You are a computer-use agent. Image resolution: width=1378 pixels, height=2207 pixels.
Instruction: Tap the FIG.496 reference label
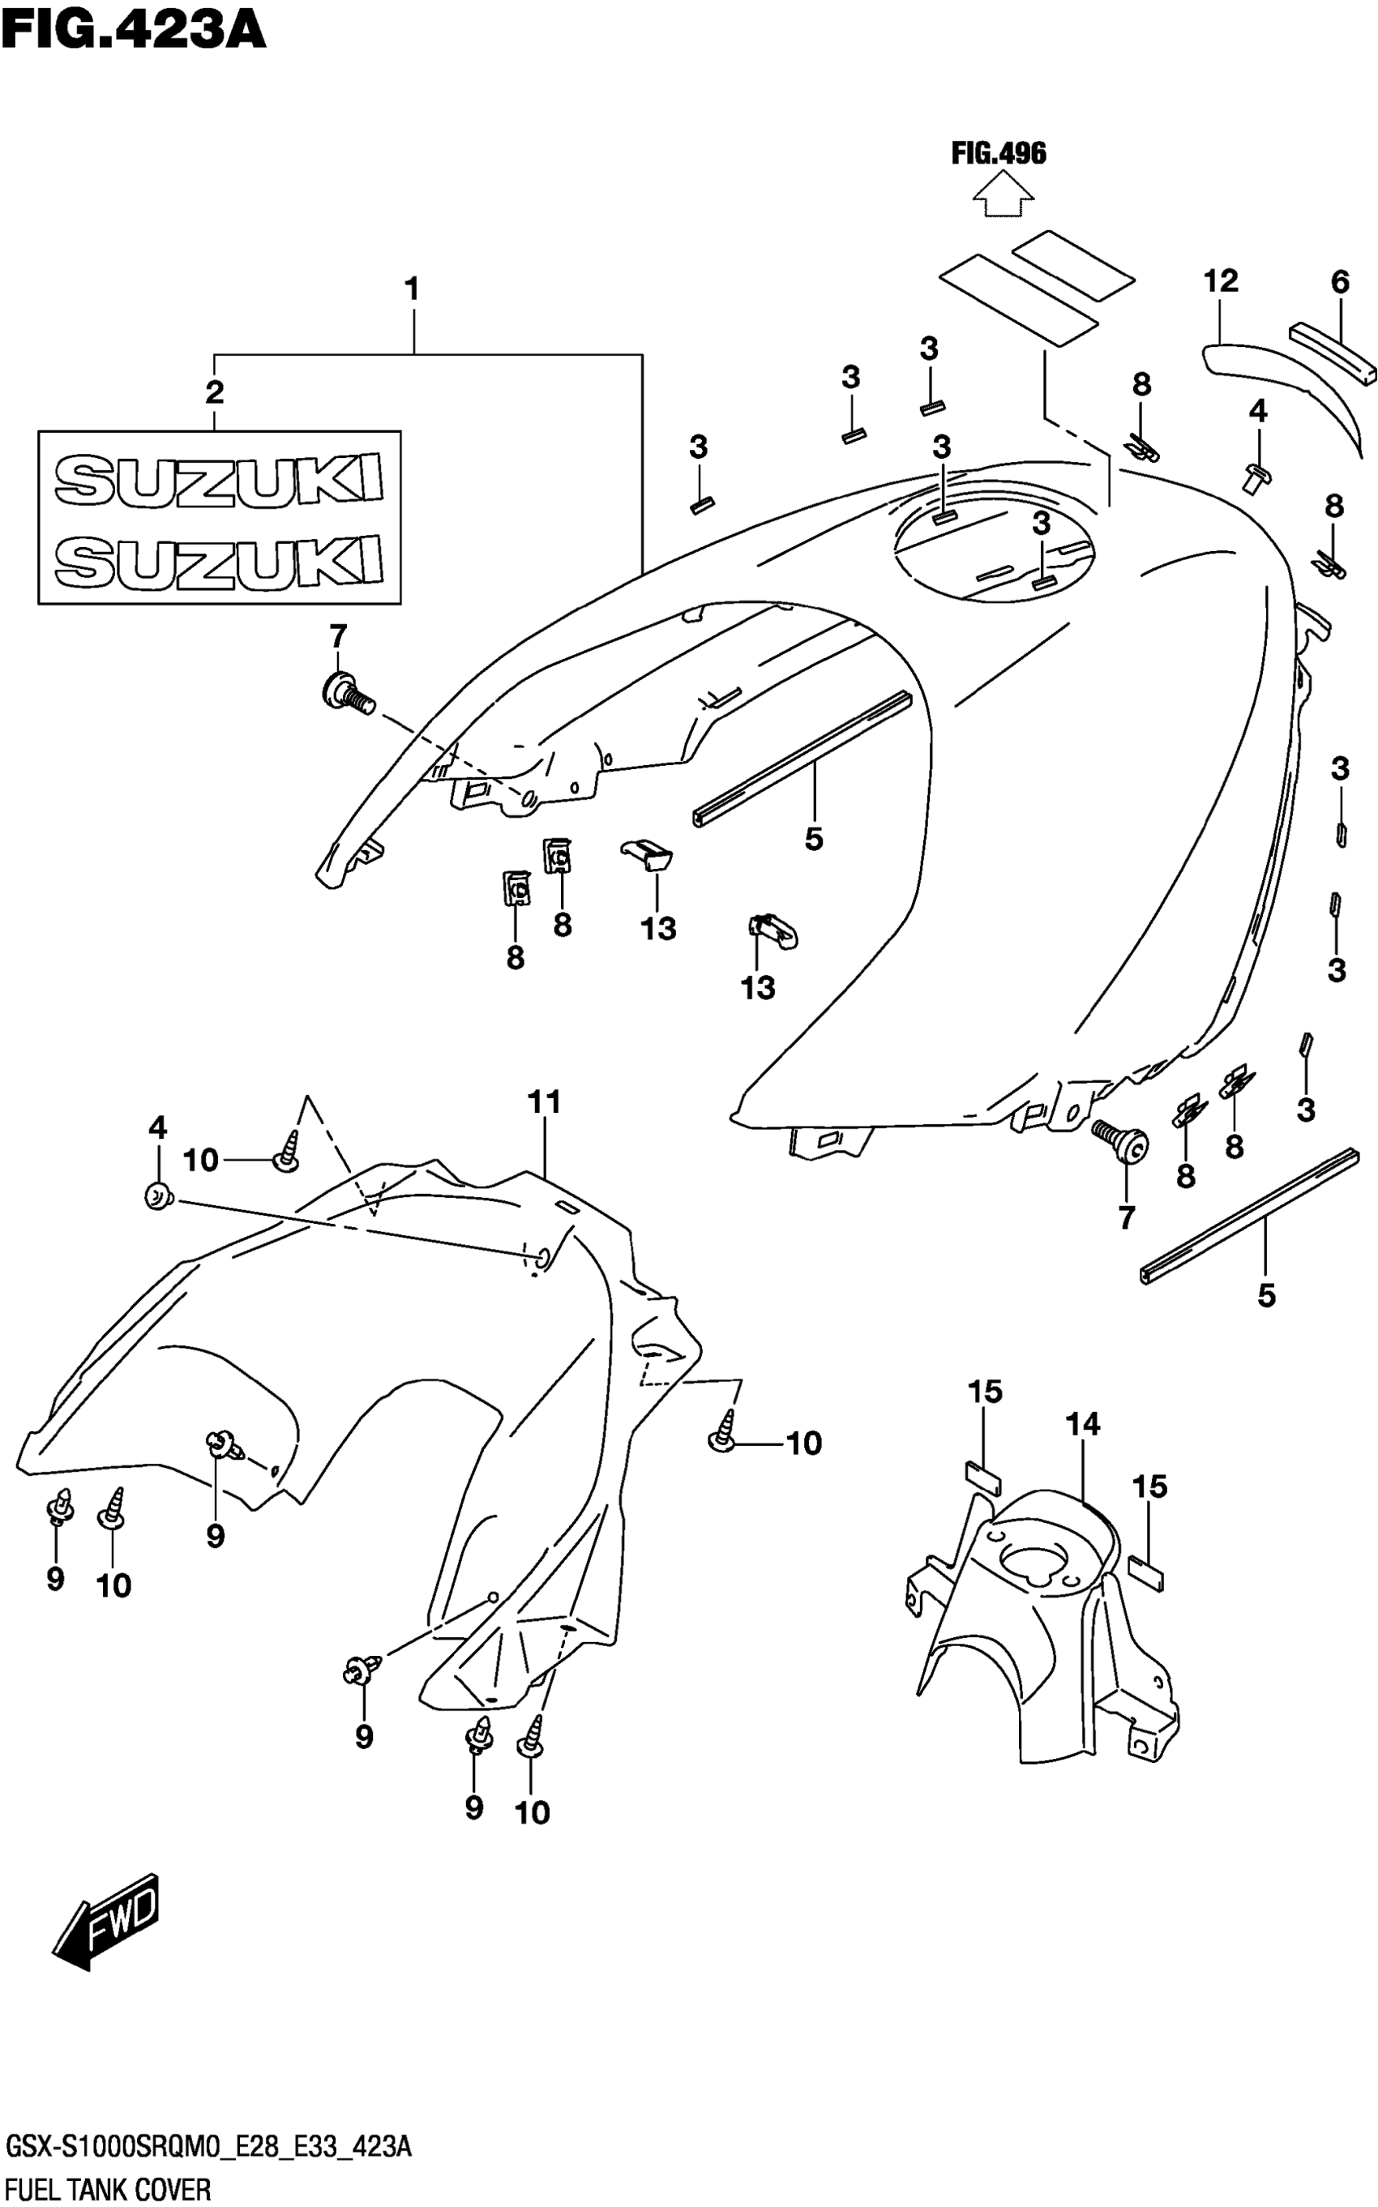999,153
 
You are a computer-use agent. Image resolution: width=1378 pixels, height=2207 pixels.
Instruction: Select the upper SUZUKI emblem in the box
219,479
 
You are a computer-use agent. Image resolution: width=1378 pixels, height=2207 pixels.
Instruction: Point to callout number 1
412,290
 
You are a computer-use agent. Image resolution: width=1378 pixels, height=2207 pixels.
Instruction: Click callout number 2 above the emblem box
214,393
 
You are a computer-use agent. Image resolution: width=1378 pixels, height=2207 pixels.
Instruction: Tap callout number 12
1220,280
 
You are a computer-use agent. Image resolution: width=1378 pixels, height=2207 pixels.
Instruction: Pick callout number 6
1339,283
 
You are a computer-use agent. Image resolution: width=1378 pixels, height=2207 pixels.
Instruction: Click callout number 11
544,1101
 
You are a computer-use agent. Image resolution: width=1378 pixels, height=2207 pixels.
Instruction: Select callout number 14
1083,1423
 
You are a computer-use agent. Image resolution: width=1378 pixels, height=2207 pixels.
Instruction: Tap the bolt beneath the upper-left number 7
346,695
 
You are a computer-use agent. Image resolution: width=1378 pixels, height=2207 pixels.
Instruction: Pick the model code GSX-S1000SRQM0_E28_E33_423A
208,2148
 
